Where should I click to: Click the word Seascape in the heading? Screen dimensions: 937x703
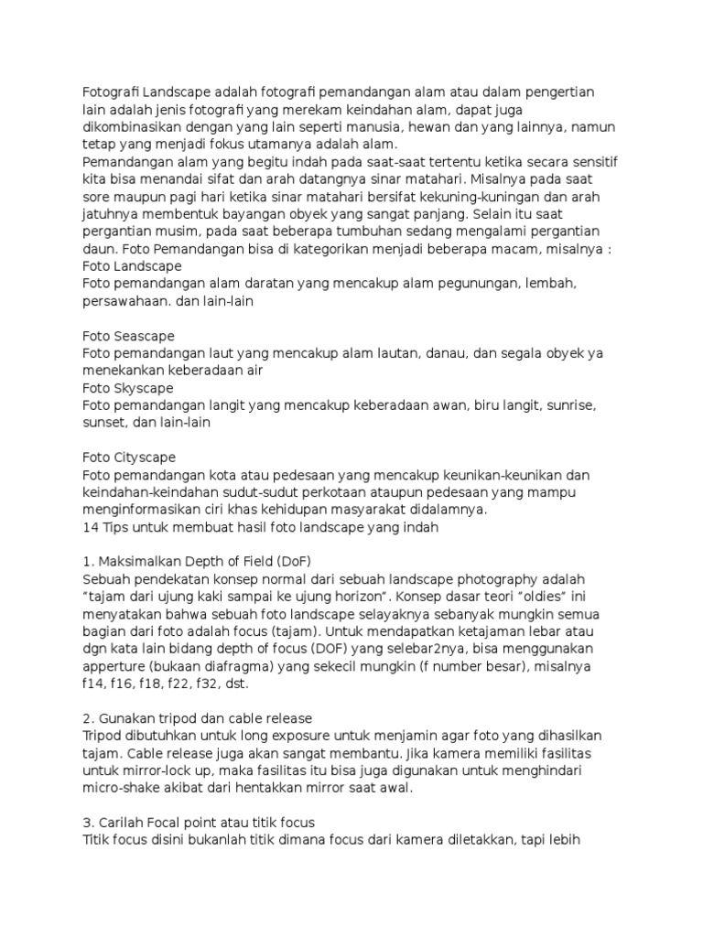click(x=143, y=336)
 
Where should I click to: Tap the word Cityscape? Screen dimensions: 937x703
click(x=144, y=457)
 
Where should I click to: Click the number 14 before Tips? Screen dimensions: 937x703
click(x=91, y=527)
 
